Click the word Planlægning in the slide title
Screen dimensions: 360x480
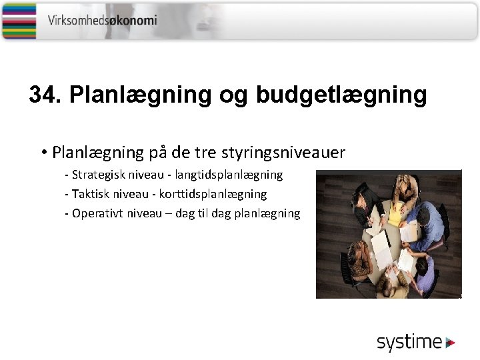[140, 95]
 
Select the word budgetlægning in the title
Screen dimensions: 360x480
[341, 95]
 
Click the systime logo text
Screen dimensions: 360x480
[409, 343]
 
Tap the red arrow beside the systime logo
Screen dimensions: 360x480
[451, 343]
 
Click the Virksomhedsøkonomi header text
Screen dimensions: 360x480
[102, 20]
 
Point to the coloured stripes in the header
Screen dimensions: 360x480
[19, 20]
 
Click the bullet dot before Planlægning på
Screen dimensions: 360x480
[42, 153]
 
